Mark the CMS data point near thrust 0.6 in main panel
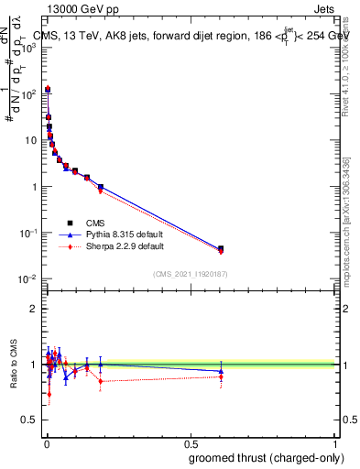[x=221, y=248]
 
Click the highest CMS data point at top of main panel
[x=47, y=90]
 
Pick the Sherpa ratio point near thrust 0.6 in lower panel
[x=221, y=376]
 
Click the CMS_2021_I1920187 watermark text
[x=190, y=274]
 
